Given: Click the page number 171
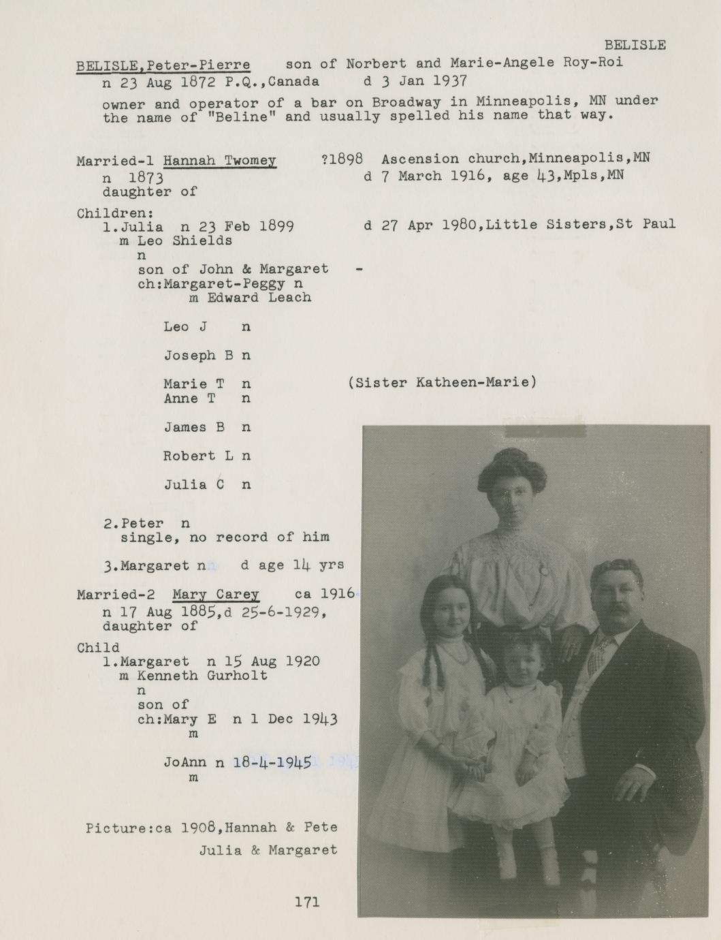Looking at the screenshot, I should pos(307,902).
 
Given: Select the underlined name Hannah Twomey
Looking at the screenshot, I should pos(219,161).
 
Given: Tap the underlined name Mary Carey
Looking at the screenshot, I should pos(215,594).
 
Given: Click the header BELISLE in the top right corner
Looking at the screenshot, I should pos(635,45).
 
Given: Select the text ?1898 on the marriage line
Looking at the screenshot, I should pos(341,159).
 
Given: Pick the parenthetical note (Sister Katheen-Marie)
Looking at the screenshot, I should pos(442,382).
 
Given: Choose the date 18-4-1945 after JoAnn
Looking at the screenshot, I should pos(272,762).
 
